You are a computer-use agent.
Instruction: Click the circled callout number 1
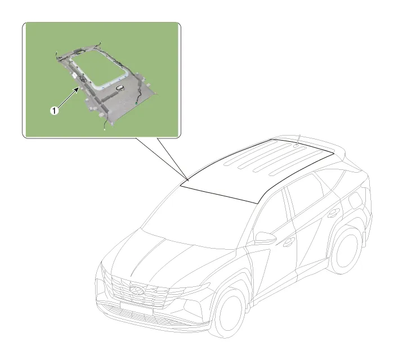55,110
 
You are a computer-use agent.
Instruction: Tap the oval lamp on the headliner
120,88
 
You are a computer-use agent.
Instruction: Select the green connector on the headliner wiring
136,103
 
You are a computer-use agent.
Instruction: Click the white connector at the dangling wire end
105,129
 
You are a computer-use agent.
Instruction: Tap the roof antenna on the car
298,140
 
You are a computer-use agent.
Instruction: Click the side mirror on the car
265,238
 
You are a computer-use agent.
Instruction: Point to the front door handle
288,242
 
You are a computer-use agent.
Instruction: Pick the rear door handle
334,213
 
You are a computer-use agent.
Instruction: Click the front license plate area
137,308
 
